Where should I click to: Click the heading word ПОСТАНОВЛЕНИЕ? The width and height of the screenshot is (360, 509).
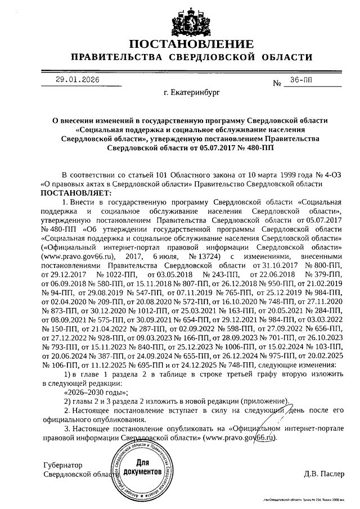pyautogui.click(x=191, y=44)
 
